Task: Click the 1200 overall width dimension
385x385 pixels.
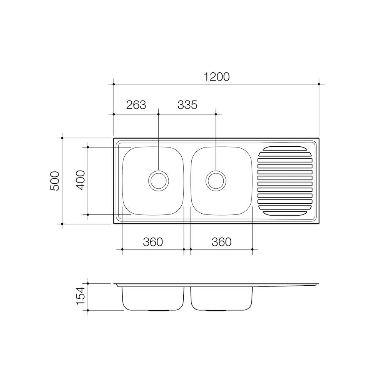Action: click(217, 77)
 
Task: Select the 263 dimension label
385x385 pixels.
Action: click(136, 105)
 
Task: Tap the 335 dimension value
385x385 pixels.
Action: click(187, 105)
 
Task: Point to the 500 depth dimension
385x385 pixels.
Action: click(55, 181)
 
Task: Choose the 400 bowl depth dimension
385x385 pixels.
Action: click(80, 180)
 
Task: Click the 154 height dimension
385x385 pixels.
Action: click(80, 296)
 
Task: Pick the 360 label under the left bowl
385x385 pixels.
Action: click(153, 242)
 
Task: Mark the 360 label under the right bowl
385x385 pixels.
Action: click(221, 242)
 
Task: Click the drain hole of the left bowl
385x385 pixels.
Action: click(159, 181)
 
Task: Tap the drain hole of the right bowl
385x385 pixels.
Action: click(216, 181)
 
